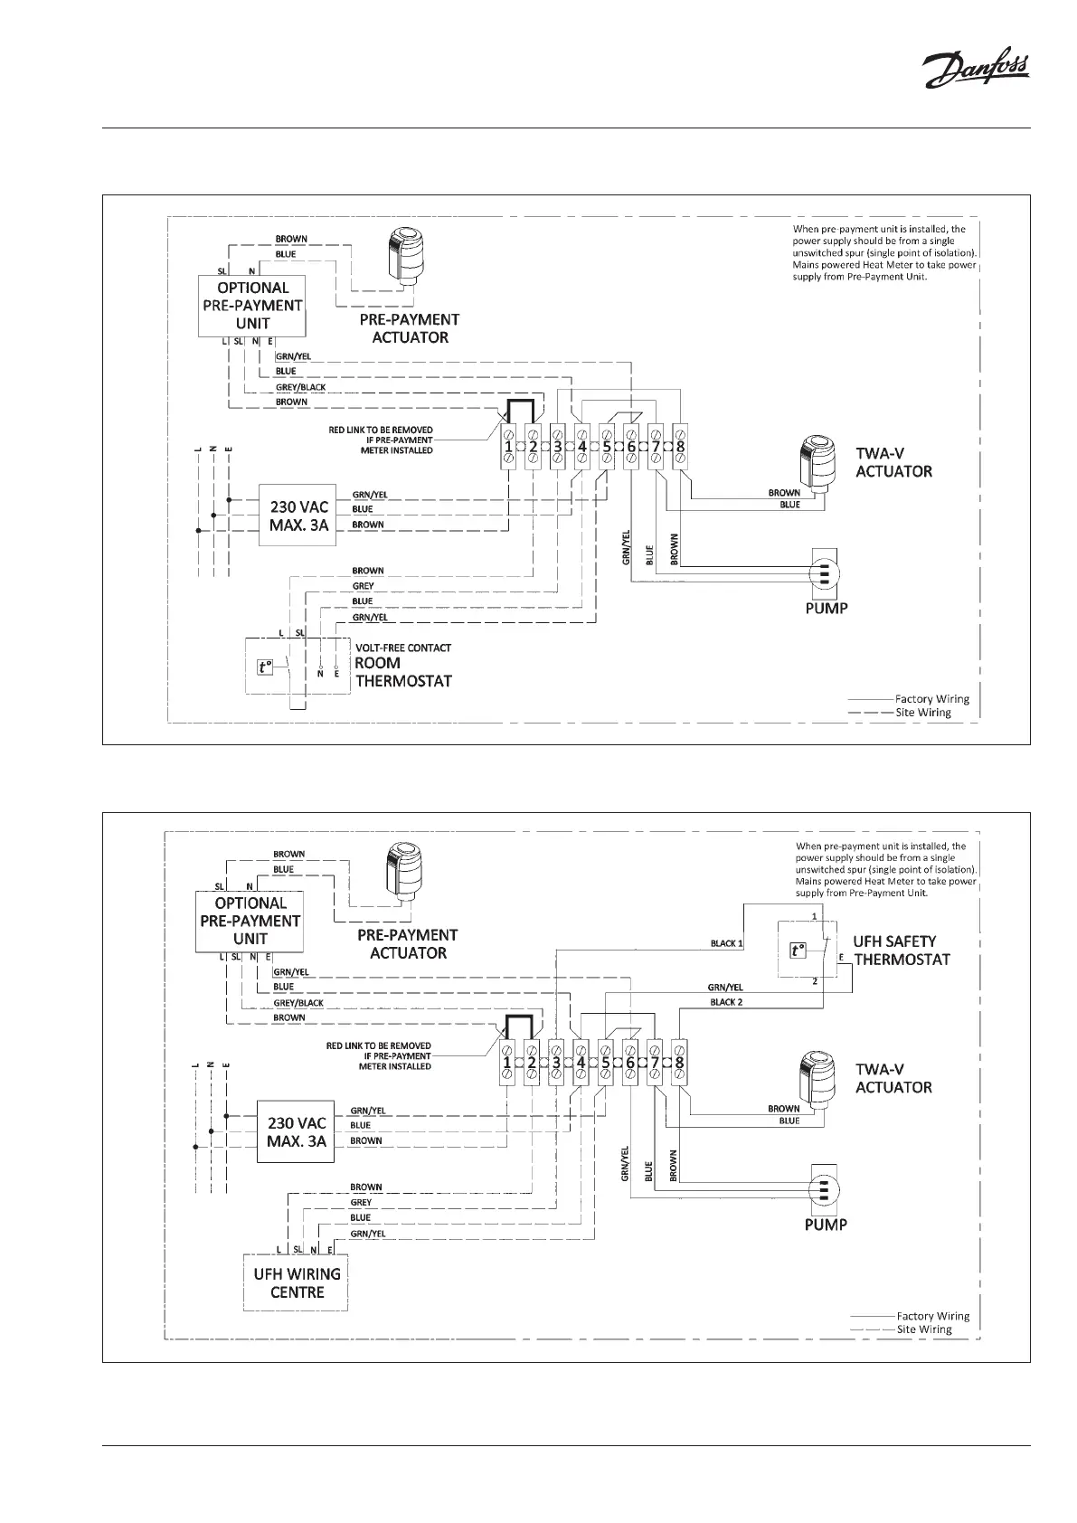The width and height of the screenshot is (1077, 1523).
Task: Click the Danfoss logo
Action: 974,71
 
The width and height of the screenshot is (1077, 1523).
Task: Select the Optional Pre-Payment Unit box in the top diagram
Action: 252,306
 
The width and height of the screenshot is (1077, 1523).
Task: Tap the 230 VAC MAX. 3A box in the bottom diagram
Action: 297,1131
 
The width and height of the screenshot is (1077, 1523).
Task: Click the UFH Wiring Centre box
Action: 297,1282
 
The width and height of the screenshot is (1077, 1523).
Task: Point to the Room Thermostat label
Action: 402,672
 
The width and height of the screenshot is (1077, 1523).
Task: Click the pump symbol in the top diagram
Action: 825,572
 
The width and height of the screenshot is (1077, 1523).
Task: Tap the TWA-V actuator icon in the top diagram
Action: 820,462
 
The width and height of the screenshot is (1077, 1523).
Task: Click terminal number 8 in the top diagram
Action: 680,446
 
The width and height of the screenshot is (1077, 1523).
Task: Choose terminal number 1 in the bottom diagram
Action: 507,1063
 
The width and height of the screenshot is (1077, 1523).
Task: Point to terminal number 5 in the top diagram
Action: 606,446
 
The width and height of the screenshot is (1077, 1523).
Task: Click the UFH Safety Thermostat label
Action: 901,950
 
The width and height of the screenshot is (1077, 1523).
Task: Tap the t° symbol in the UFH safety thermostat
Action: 797,951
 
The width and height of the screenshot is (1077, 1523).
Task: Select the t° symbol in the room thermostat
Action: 265,668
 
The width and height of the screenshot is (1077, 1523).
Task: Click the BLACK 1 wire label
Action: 726,943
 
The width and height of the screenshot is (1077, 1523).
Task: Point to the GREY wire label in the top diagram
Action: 363,586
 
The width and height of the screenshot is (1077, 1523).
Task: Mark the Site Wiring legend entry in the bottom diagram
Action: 923,1329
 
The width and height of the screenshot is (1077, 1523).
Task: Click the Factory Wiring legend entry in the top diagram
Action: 931,699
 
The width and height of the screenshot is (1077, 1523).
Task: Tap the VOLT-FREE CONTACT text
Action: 402,648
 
